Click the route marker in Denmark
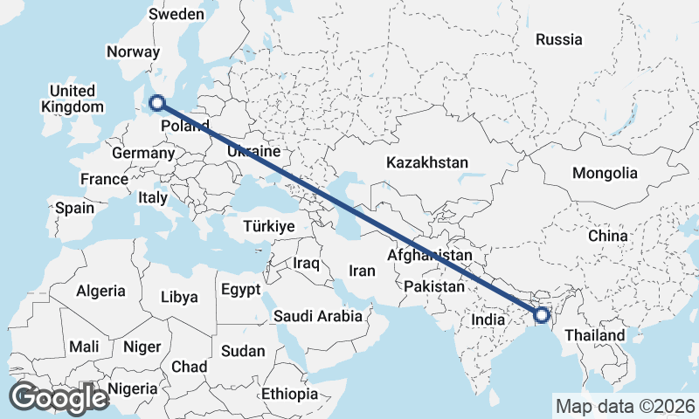click(x=157, y=103)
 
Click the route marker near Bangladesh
click(x=541, y=314)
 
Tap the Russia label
click(x=558, y=39)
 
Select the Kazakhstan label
click(x=427, y=162)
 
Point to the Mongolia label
click(x=605, y=173)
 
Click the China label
click(x=607, y=236)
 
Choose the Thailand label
click(x=594, y=335)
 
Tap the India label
click(x=488, y=319)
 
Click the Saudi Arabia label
click(x=317, y=316)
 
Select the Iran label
click(x=362, y=271)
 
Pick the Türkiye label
click(x=268, y=226)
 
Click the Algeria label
click(x=100, y=291)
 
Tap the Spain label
click(x=74, y=208)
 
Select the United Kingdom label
click(x=72, y=99)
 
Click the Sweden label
click(x=176, y=14)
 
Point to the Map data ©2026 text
click(x=625, y=406)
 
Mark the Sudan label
click(x=243, y=351)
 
